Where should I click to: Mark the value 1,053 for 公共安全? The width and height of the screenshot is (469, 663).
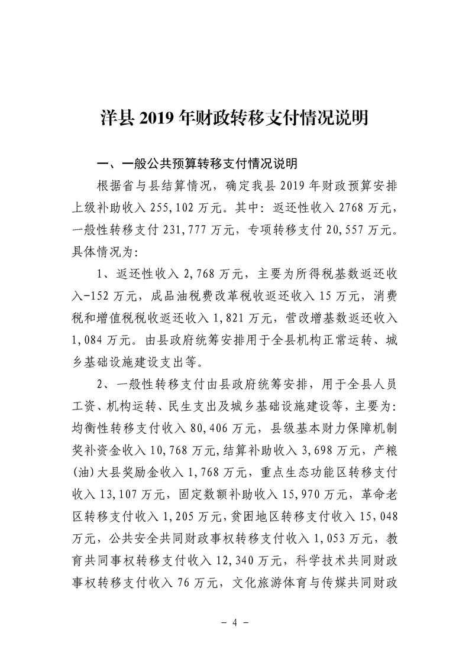pyautogui.click(x=338, y=537)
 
